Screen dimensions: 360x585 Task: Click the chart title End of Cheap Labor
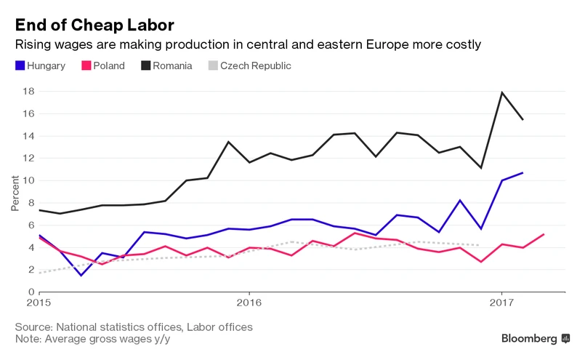click(x=94, y=25)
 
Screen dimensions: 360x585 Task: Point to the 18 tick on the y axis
click(x=30, y=92)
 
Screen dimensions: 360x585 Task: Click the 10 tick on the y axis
click(x=30, y=180)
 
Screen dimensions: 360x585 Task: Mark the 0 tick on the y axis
click(x=33, y=292)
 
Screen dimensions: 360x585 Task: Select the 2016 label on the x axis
click(x=249, y=302)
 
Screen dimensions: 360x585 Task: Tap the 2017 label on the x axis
click(x=501, y=302)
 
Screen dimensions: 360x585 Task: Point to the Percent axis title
click(x=15, y=192)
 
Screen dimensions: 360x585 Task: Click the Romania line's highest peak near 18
click(x=501, y=92)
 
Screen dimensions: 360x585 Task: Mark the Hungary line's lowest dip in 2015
click(x=81, y=276)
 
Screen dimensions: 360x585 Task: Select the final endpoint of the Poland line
click(x=544, y=234)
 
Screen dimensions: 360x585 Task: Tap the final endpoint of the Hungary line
click(x=523, y=172)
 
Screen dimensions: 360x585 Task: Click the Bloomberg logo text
click(x=530, y=338)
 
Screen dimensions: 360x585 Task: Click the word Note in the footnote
click(x=28, y=339)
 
